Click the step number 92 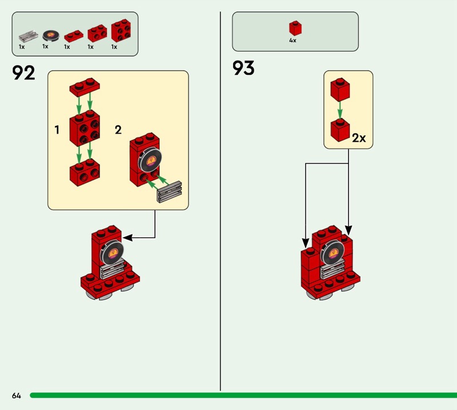coord(23,73)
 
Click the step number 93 coord(243,69)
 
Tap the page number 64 coord(15,395)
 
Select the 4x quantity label coord(293,41)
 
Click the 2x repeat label coord(359,138)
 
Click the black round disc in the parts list coord(50,35)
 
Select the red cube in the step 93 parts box coord(295,29)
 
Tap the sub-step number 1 coord(57,130)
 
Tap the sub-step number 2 coord(118,130)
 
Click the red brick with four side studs coord(85,128)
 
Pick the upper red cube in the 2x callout coord(339,89)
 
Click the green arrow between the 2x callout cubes coord(339,110)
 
